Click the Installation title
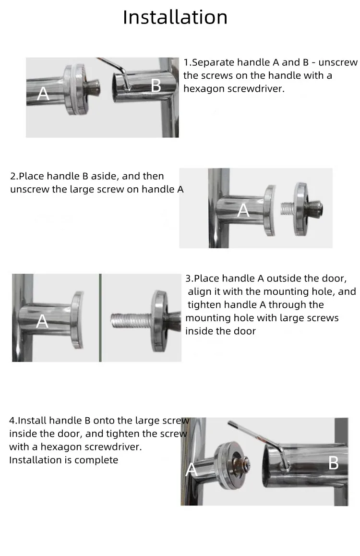point(175,17)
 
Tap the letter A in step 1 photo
point(43,94)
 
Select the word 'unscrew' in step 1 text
point(338,62)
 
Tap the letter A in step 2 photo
point(243,210)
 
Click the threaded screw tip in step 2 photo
point(287,208)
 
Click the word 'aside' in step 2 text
point(105,176)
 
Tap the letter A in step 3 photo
point(42,321)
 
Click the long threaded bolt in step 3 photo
point(132,320)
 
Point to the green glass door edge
point(100,318)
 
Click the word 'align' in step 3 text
point(201,292)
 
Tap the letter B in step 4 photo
point(334,463)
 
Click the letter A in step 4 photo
point(191,470)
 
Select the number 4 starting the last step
point(12,421)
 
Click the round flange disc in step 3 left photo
point(78,320)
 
